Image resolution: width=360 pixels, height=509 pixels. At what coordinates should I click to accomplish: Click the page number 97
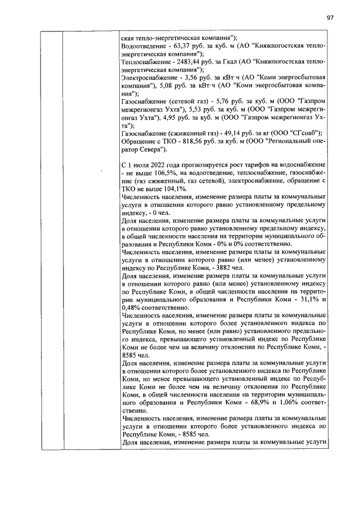pos(331,17)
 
